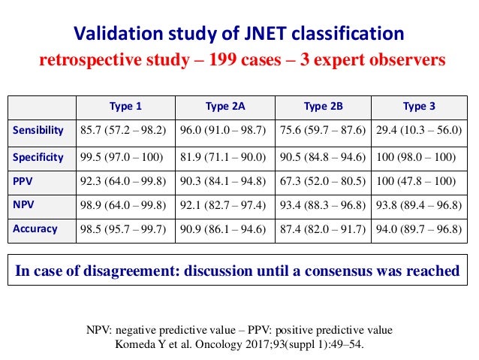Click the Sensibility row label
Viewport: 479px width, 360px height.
(x=38, y=130)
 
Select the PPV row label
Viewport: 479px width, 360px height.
(x=23, y=180)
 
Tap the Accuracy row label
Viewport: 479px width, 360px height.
(x=35, y=228)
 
